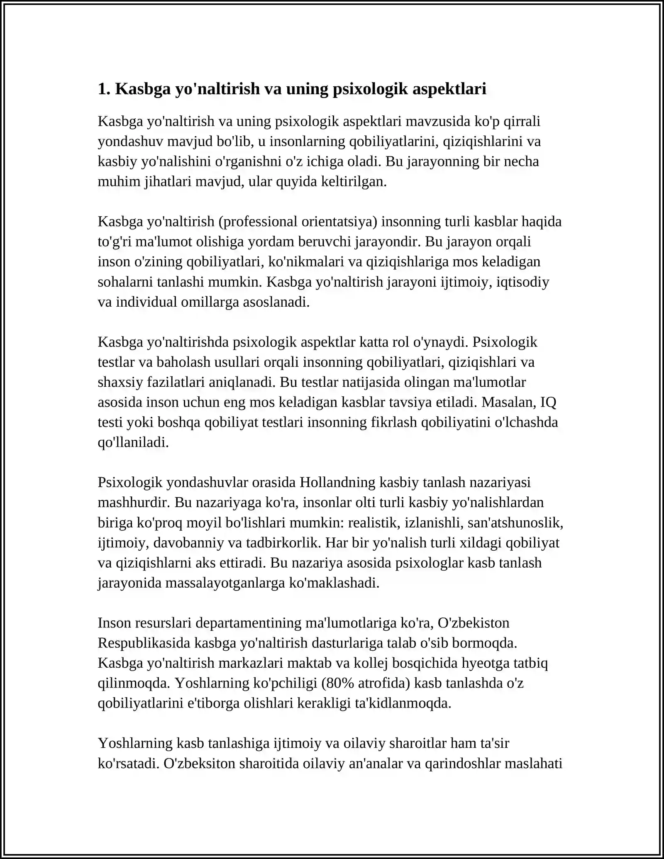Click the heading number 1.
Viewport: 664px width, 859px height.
(x=103, y=89)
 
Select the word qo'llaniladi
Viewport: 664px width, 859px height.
(x=133, y=442)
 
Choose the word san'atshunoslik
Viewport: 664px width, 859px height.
(x=515, y=522)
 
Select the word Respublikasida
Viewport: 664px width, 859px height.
(x=144, y=643)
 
